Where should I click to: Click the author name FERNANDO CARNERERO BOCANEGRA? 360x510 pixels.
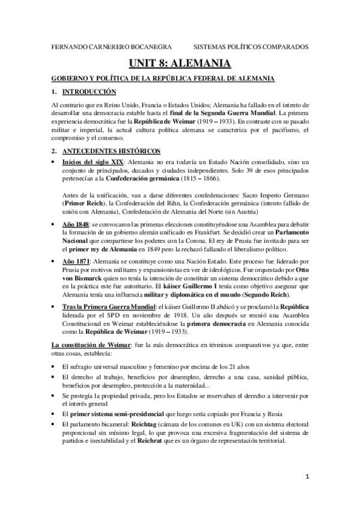tap(103, 46)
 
